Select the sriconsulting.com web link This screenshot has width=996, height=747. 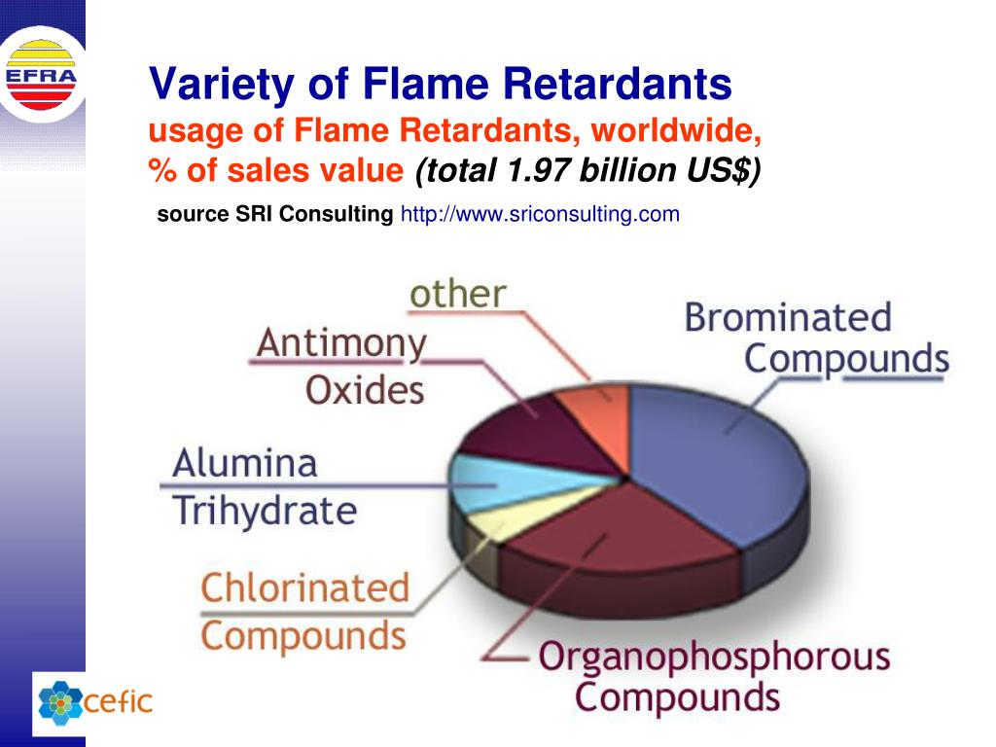pos(540,214)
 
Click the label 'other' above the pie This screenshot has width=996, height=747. pos(457,294)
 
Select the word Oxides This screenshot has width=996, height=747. pos(365,390)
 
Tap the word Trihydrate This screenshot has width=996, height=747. pos(265,510)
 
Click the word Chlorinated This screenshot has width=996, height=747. pos(304,587)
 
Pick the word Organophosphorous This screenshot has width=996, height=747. pos(714,657)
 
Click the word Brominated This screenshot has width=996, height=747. pos(788,317)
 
